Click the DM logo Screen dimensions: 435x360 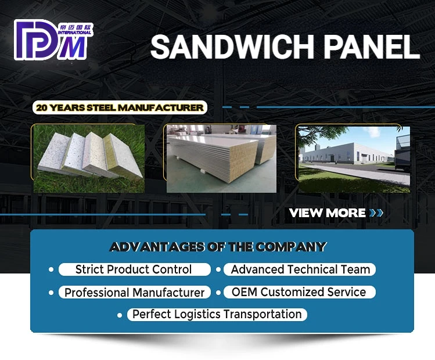[53, 39]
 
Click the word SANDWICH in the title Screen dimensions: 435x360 [232, 46]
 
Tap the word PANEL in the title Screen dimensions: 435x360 [372, 46]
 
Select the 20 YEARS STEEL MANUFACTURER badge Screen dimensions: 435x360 [120, 107]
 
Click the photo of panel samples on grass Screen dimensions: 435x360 [89, 159]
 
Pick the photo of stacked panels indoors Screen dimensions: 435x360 [221, 159]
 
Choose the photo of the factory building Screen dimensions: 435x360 [354, 160]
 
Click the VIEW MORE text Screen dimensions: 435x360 [328, 213]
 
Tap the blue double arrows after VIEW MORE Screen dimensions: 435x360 [376, 213]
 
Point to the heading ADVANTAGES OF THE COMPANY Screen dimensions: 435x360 [218, 247]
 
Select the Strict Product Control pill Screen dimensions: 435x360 [135, 269]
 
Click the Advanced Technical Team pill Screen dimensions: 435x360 [300, 269]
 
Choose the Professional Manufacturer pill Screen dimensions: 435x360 [135, 292]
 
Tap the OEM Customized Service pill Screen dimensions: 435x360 [300, 292]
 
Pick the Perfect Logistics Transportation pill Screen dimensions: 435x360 [217, 315]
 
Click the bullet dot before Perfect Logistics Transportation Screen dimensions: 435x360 [120, 315]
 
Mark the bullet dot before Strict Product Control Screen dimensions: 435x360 [51, 269]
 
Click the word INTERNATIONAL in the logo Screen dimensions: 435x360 [74, 33]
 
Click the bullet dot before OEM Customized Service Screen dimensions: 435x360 [218, 293]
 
